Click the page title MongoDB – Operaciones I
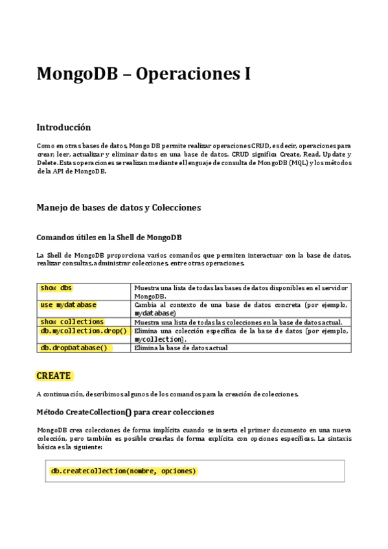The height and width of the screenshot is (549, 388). [143, 74]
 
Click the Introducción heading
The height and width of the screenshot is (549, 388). [63, 128]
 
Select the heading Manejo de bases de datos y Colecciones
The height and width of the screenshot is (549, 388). [119, 208]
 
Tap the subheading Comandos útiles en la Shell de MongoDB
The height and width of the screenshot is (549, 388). [113, 237]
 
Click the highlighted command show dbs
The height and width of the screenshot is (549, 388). [56, 287]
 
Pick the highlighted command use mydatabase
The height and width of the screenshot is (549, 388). [68, 304]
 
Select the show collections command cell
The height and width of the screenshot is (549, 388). [72, 322]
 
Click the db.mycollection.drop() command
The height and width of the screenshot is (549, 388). [84, 331]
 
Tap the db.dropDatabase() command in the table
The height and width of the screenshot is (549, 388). [74, 348]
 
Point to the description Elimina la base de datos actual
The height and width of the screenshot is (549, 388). [181, 348]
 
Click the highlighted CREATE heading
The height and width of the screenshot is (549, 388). [54, 375]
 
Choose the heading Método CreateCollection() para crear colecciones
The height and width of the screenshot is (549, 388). [125, 412]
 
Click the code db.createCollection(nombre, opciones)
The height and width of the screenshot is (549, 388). [123, 471]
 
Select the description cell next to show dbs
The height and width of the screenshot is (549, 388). [241, 291]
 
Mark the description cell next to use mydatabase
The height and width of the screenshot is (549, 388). [241, 309]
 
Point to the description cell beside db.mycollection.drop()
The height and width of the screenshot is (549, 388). [241, 335]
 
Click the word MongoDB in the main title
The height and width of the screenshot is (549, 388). [76, 74]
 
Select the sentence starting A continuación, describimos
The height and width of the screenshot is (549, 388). [167, 394]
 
